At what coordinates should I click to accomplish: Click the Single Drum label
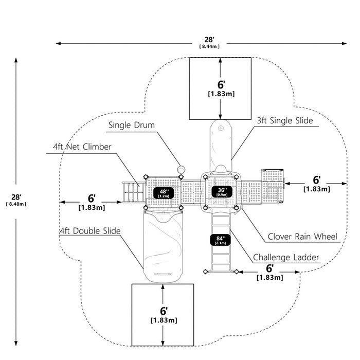132,125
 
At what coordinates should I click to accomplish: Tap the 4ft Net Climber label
82,147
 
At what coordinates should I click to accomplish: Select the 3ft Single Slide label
285,120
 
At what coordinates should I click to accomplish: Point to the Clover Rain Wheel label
302,237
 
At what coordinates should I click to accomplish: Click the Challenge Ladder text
286,257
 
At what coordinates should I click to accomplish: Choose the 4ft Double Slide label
90,231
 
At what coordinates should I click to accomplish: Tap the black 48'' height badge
164,193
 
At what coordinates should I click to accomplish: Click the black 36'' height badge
222,192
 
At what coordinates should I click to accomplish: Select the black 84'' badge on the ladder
221,240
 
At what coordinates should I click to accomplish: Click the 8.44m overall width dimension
209,46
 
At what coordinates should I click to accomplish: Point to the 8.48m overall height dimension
16,204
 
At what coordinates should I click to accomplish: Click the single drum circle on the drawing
181,169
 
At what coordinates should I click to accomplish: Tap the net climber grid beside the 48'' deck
134,192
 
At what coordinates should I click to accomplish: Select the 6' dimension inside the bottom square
164,315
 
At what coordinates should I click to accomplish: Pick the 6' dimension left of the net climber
92,202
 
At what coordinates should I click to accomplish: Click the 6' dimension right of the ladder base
270,272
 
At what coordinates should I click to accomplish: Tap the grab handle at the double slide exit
163,274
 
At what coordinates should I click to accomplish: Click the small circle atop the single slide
221,128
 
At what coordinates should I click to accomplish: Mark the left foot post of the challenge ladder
206,272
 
